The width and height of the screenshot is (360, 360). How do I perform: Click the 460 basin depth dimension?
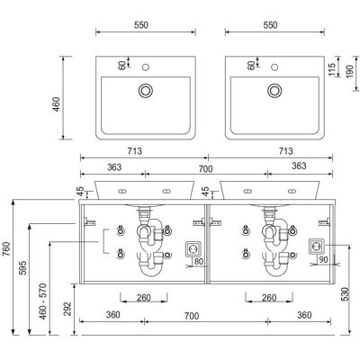click(57, 104)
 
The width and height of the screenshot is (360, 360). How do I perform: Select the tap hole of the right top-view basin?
click(274, 67)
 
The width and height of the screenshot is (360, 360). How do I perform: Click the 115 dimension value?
click(331, 69)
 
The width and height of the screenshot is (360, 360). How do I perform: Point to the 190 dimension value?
click(349, 71)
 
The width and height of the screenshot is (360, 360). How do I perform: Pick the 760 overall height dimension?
click(6, 249)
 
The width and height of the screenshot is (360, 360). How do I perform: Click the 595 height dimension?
click(22, 267)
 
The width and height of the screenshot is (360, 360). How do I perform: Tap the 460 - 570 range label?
click(43, 301)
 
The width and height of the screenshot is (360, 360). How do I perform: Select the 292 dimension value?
click(67, 309)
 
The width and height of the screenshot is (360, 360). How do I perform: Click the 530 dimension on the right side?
click(345, 294)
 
